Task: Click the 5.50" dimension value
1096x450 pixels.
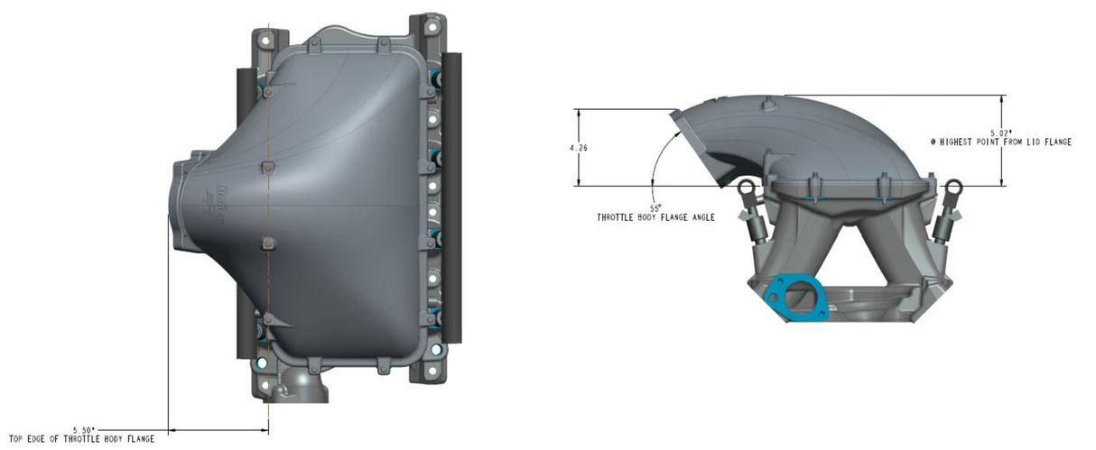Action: [x=84, y=430]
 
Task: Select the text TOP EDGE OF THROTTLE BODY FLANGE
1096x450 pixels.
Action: [x=82, y=439]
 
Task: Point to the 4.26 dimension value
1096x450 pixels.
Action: [x=579, y=148]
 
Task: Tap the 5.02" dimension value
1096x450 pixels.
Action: [x=1001, y=133]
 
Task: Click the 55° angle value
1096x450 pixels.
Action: [x=655, y=207]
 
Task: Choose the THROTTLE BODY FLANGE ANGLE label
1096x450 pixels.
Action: [x=655, y=217]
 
